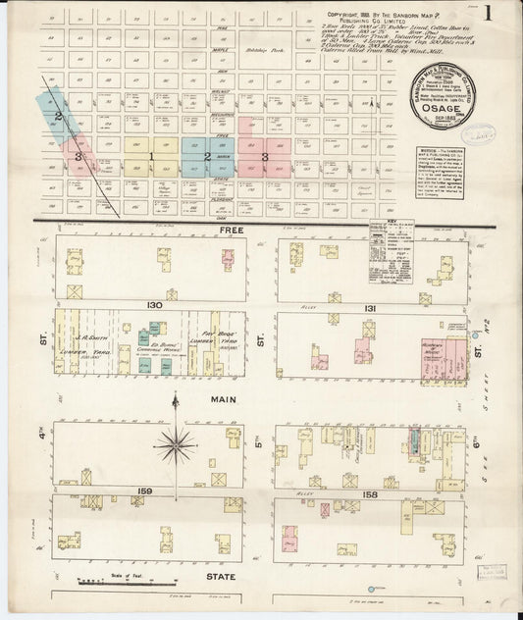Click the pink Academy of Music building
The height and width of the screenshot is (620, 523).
pyautogui.click(x=435, y=359)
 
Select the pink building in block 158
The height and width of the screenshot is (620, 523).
pyautogui.click(x=291, y=538)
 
